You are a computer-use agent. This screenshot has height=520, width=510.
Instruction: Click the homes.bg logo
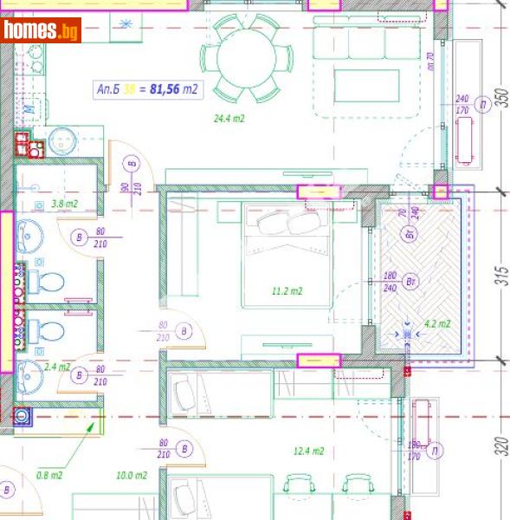tap(42, 30)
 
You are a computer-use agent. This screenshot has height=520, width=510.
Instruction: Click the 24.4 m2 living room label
tap(229, 119)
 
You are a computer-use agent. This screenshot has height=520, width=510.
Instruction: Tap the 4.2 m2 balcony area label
tap(436, 325)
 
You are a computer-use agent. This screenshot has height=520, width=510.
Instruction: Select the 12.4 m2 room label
tap(308, 452)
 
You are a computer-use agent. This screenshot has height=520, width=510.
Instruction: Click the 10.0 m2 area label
tap(132, 476)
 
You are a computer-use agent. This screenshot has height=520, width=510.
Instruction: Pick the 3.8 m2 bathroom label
tap(65, 205)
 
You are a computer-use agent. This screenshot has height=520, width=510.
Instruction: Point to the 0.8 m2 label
tap(49, 475)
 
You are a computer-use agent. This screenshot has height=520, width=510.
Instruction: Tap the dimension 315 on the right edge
tap(500, 276)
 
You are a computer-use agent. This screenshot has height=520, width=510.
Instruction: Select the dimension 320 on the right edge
tap(500, 448)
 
